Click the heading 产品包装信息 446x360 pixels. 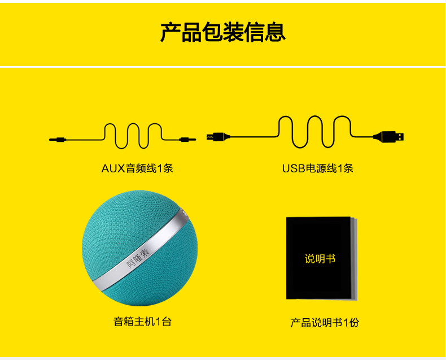(222, 32)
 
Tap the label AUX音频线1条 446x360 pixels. (137, 168)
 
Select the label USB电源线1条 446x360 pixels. (318, 168)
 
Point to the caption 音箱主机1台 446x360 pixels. (142, 322)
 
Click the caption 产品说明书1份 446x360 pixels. (325, 323)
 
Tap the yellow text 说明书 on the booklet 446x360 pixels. (320, 259)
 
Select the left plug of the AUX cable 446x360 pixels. (58, 140)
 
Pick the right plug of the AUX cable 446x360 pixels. (188, 140)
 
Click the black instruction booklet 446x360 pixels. (321, 258)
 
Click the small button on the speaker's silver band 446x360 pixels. (183, 213)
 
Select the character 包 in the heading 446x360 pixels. (212, 32)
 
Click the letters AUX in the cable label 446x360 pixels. (113, 168)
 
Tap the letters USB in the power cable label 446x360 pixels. (294, 168)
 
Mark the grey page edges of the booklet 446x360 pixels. (354, 259)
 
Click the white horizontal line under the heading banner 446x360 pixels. (223, 67)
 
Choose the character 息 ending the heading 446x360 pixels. (275, 32)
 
